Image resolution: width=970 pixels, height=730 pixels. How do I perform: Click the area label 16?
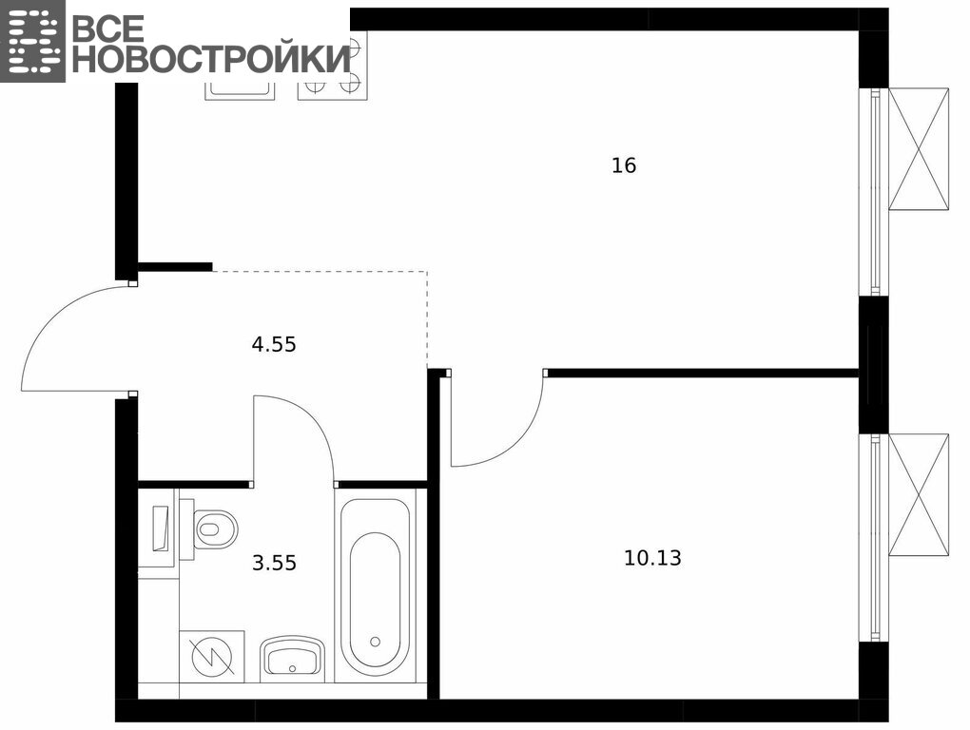click(x=624, y=165)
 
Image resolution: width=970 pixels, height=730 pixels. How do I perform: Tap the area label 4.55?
click(x=274, y=344)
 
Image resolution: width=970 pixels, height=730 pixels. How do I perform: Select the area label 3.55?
click(x=274, y=563)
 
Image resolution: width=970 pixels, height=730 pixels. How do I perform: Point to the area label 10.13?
click(x=652, y=558)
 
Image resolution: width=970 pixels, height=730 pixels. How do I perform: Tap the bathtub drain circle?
click(x=375, y=641)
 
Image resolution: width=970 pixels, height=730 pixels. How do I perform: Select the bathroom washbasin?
click(x=292, y=657)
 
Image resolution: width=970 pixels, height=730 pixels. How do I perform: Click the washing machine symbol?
click(x=211, y=657)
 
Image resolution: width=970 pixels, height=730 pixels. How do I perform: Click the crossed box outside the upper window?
click(x=918, y=149)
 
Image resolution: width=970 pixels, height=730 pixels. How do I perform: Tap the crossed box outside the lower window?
click(x=918, y=495)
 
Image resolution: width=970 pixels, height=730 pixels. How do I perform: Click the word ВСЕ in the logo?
click(x=107, y=27)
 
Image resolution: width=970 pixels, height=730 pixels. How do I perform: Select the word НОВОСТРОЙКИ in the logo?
click(x=211, y=59)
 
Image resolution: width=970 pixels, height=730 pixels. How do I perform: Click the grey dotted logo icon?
click(x=32, y=41)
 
